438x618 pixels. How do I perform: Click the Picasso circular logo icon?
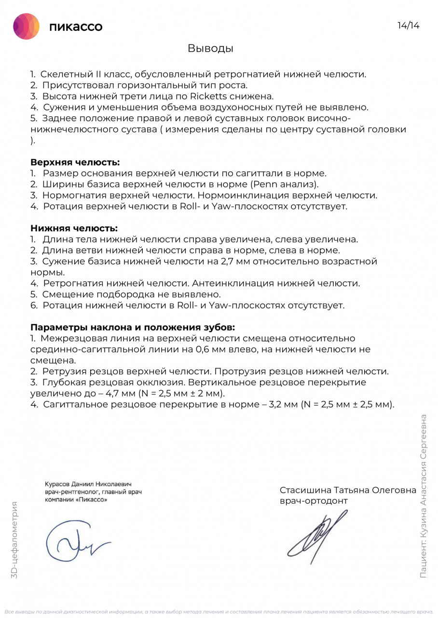26,26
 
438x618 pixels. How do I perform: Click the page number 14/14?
408,26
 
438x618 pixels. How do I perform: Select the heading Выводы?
210,48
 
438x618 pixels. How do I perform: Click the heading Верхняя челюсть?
75,162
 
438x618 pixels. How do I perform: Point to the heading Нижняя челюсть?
74,228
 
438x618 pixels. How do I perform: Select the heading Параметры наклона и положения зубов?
133,327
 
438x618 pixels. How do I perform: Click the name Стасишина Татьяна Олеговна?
348,490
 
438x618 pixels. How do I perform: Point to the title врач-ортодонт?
313,501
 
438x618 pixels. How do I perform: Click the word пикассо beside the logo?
76,27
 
